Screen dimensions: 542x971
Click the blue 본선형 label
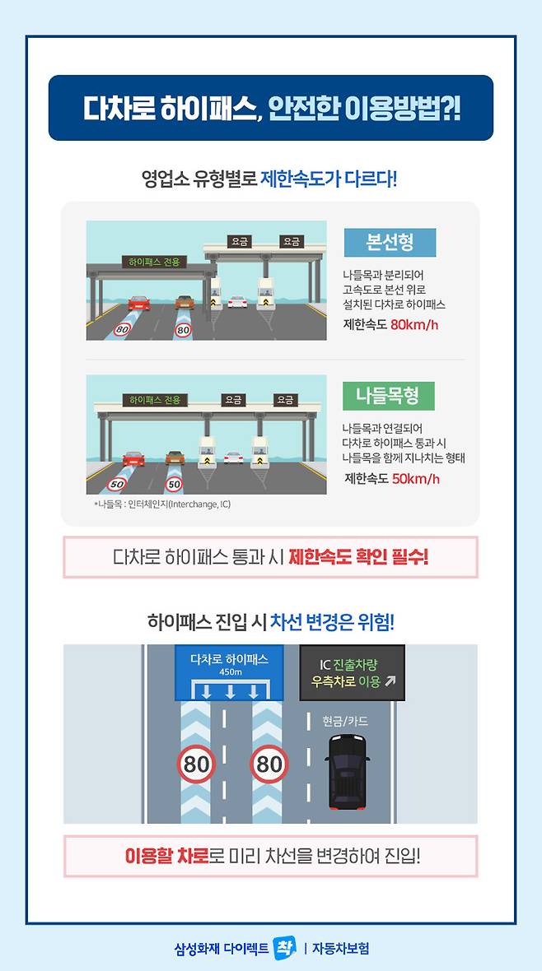point(390,242)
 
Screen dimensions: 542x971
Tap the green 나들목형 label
point(389,396)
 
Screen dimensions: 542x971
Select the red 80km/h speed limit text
point(414,324)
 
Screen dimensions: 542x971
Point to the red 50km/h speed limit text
point(415,478)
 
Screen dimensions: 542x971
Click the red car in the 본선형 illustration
point(139,303)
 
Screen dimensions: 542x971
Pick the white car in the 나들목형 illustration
point(233,458)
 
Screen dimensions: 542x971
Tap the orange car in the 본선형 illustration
point(185,301)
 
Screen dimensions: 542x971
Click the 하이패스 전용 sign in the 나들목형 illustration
point(152,400)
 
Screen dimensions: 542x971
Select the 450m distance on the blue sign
point(230,672)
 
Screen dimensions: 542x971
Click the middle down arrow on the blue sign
point(230,691)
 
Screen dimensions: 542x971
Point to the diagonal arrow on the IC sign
point(390,683)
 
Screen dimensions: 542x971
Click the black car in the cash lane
point(348,771)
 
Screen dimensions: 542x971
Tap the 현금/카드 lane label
point(345,720)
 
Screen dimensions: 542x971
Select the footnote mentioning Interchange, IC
point(161,504)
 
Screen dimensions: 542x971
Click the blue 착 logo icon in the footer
point(285,947)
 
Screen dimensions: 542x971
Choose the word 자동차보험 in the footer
point(340,948)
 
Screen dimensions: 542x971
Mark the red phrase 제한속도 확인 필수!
point(358,557)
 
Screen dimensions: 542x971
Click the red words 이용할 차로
point(166,857)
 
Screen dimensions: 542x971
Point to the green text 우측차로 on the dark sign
point(333,683)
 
